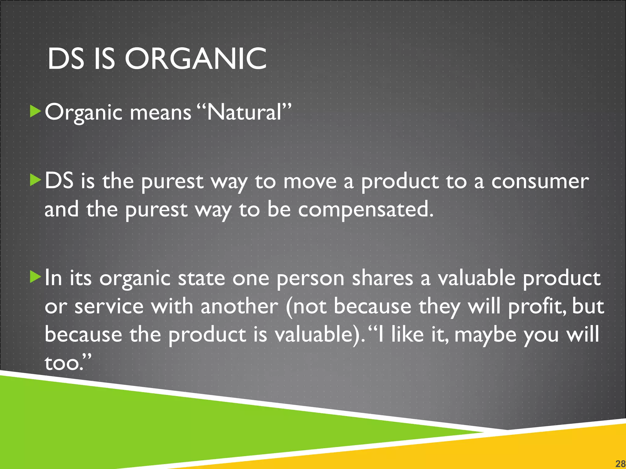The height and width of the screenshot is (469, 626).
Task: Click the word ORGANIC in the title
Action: pos(196,59)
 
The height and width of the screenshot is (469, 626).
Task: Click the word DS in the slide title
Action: pos(66,59)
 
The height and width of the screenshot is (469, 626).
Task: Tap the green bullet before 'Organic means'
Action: pos(35,111)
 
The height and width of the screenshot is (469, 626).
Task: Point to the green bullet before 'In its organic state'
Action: pos(35,277)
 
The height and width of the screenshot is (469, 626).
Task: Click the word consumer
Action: pos(540,181)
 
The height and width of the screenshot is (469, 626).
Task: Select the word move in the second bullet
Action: pos(310,181)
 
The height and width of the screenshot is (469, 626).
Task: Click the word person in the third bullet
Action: pos(310,278)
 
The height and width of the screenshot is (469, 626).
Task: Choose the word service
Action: pos(109,307)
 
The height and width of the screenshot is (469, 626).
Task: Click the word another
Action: pos(239,307)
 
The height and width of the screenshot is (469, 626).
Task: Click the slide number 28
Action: pos(620,464)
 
